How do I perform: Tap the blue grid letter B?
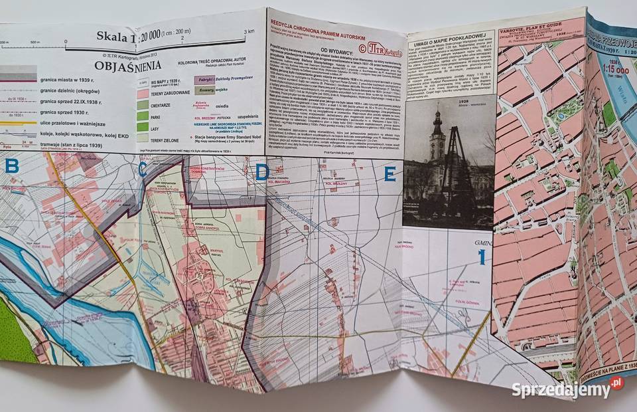click(12, 166)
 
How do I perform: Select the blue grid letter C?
click(143, 171)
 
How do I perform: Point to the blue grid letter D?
click(262, 173)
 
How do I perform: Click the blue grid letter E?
click(389, 175)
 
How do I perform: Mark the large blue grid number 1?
click(483, 255)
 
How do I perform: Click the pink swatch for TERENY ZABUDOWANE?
click(142, 94)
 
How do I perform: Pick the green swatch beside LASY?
click(142, 128)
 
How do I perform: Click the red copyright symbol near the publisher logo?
click(362, 47)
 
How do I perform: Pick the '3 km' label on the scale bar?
click(249, 31)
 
